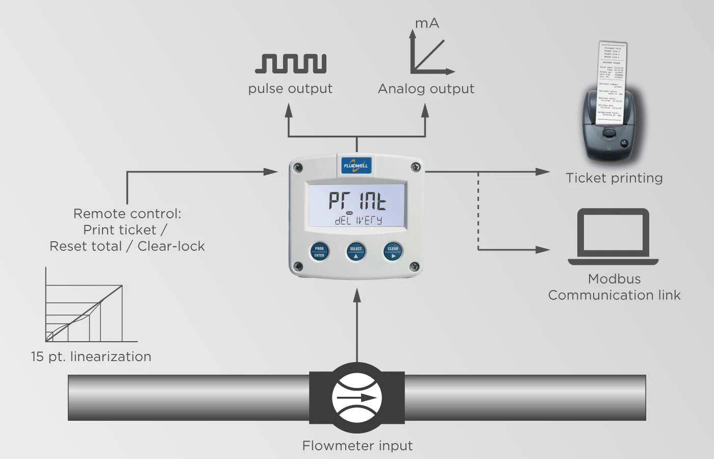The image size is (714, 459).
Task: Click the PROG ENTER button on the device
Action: (x=319, y=251)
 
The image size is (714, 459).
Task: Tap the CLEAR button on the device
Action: (x=393, y=251)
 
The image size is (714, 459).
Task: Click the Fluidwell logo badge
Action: (x=356, y=165)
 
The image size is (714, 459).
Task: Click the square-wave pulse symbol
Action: (x=291, y=64)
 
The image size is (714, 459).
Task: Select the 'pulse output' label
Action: (x=290, y=89)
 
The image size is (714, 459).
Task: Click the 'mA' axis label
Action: (x=427, y=23)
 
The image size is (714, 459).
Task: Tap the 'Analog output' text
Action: (x=426, y=89)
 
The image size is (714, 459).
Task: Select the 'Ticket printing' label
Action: (x=614, y=178)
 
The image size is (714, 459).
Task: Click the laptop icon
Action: (x=613, y=237)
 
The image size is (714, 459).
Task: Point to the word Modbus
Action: (x=614, y=279)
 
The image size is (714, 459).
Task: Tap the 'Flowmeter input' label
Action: (x=357, y=446)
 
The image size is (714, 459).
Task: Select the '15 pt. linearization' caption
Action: (x=91, y=356)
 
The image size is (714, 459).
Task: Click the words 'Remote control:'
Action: (x=127, y=214)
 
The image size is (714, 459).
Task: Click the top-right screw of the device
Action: (x=416, y=167)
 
